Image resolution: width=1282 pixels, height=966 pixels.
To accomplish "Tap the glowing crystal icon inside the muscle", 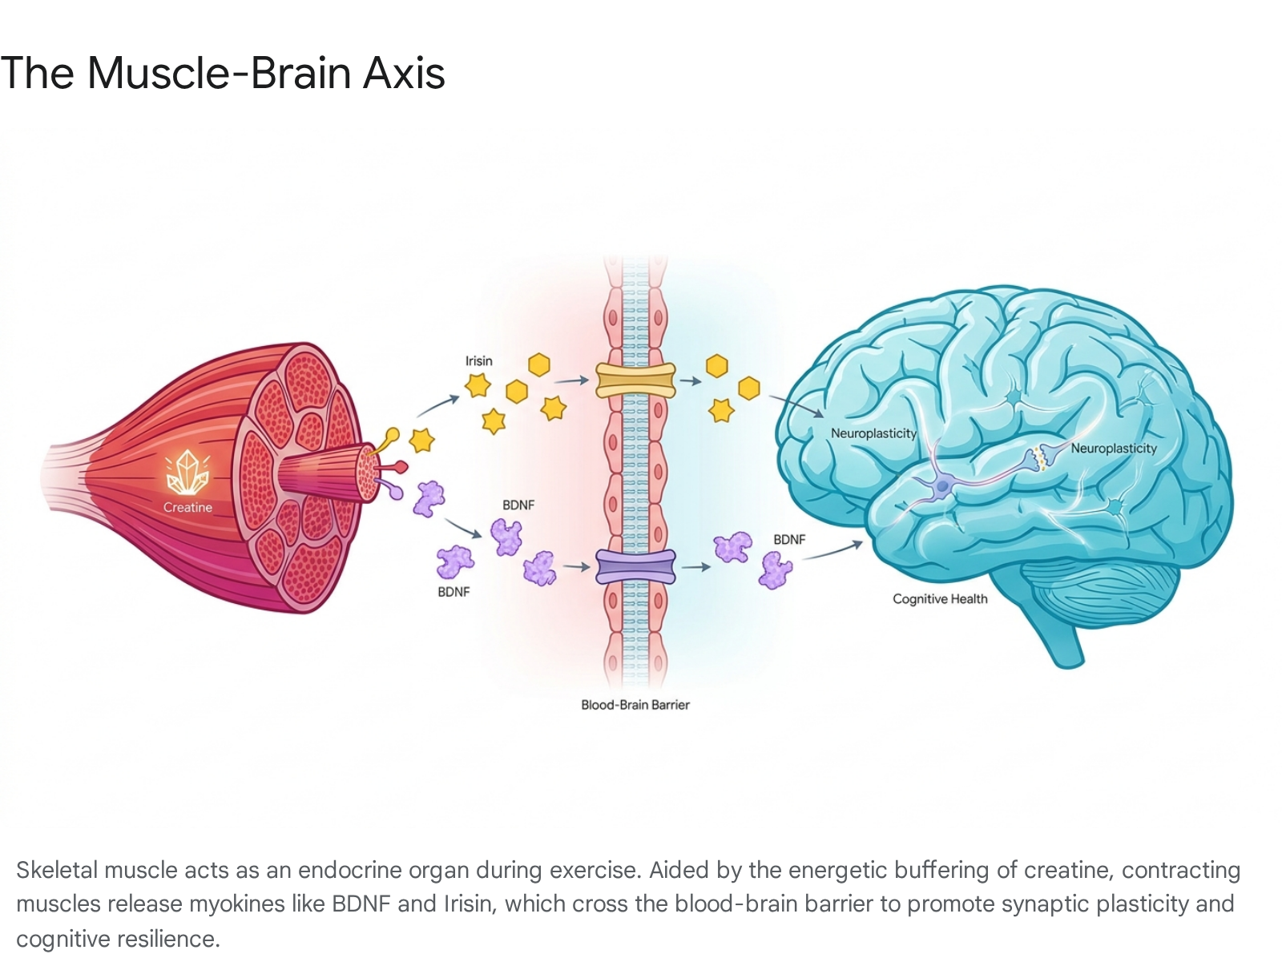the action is pos(187,473).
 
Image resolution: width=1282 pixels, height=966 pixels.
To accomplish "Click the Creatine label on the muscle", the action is pos(187,507).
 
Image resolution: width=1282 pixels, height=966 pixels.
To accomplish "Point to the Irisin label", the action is pos(478,361).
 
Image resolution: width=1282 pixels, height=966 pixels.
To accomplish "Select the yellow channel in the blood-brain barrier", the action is pos(635,380).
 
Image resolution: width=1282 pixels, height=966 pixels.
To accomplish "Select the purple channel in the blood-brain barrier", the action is pos(635,567).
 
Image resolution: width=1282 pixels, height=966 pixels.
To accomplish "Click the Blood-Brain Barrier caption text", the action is pos(635,705).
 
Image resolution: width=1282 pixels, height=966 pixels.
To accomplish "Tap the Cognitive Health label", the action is pos(940,599).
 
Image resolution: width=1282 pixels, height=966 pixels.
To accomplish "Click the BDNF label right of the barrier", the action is pos(789,539).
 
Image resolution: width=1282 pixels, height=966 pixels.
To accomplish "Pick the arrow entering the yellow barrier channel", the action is pos(571,381).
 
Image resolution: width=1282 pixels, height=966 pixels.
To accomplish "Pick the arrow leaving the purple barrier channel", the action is pos(695,567).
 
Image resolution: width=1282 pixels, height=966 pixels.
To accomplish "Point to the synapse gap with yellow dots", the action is pos(1038,457).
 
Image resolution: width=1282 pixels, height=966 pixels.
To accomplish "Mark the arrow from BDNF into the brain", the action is pos(832,552).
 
